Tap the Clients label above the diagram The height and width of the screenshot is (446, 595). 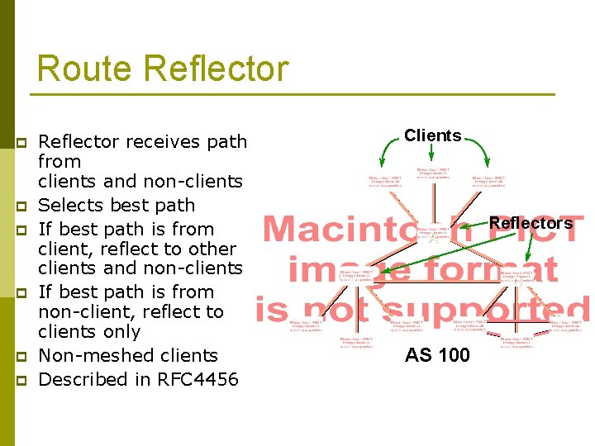(432, 135)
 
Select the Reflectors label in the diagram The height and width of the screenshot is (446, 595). (531, 223)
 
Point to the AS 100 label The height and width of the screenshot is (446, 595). (437, 355)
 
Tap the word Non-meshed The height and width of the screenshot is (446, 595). (96, 356)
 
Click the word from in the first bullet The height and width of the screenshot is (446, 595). (59, 162)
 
